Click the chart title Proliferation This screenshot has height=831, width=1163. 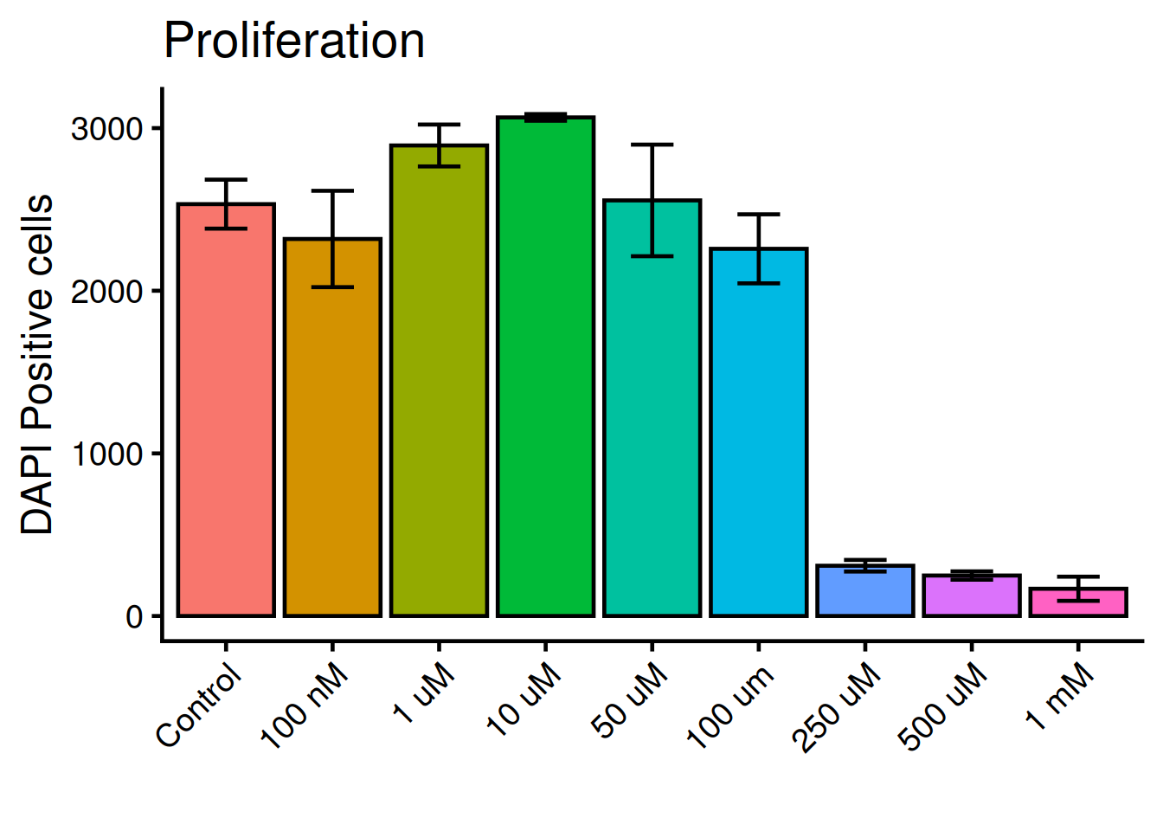[294, 41]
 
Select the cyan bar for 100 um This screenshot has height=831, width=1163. [758, 433]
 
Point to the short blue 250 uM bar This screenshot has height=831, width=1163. [864, 591]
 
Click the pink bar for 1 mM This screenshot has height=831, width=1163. [1077, 602]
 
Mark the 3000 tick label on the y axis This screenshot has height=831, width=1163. [106, 129]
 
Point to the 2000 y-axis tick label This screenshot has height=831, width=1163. [106, 292]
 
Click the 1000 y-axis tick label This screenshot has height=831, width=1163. [106, 454]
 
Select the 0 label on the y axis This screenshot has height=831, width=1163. [134, 616]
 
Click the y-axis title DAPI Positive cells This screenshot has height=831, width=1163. [37, 364]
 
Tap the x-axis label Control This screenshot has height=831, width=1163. [199, 705]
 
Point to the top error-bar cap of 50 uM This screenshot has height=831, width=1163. [652, 145]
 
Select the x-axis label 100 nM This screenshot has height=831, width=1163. [305, 705]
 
